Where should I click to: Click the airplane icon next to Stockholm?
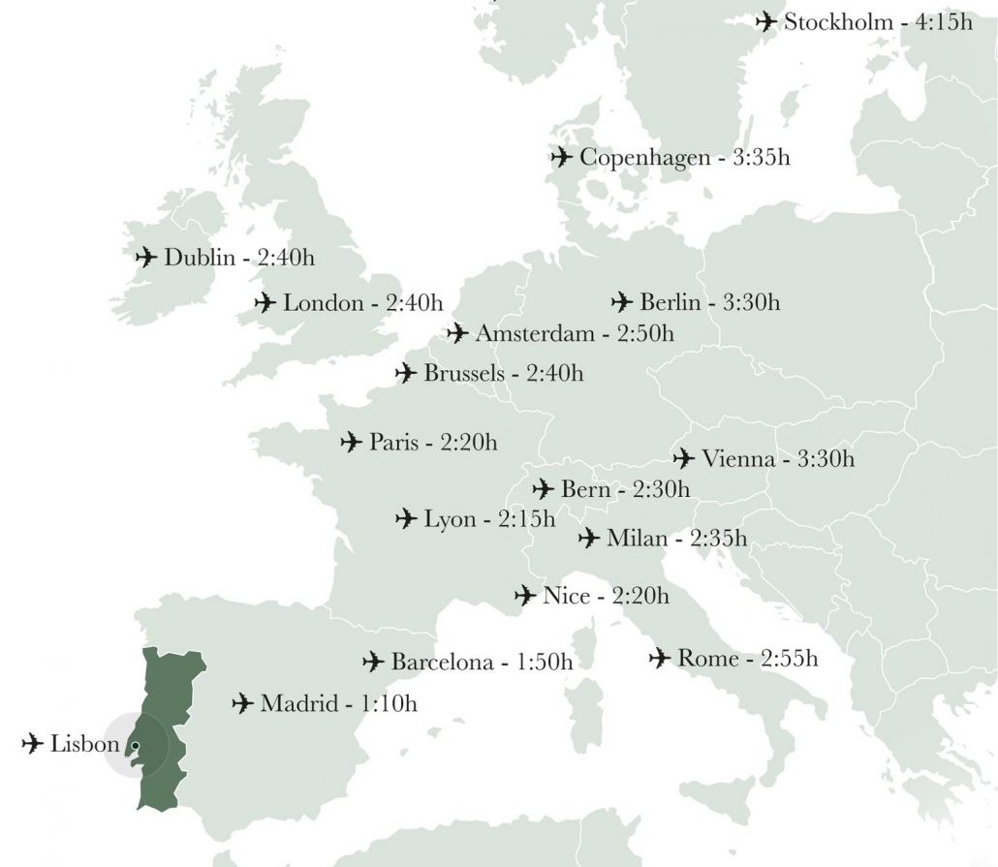pyautogui.click(x=765, y=21)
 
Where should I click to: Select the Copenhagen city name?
pyautogui.click(x=644, y=157)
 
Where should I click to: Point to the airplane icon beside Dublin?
pyautogui.click(x=146, y=257)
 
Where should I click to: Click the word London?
pyautogui.click(x=322, y=303)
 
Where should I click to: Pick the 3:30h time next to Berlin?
pyautogui.click(x=751, y=302)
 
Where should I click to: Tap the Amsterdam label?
pyautogui.click(x=534, y=334)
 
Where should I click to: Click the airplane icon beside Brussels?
pyautogui.click(x=406, y=373)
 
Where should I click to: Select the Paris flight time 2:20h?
pyautogui.click(x=469, y=443)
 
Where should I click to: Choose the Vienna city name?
pyautogui.click(x=738, y=458)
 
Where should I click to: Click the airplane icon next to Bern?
pyautogui.click(x=544, y=489)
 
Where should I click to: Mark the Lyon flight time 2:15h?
pyautogui.click(x=527, y=519)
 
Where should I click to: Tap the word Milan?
pyautogui.click(x=637, y=538)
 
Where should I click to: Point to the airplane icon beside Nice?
pyautogui.click(x=525, y=595)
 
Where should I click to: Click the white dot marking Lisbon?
pyautogui.click(x=136, y=745)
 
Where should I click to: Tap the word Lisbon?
pyautogui.click(x=84, y=745)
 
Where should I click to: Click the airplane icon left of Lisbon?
pyautogui.click(x=33, y=744)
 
